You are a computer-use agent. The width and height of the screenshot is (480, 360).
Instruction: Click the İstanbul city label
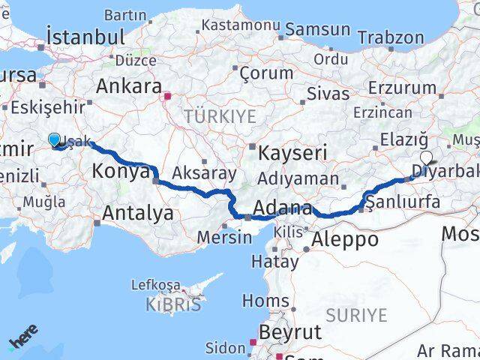point(85,37)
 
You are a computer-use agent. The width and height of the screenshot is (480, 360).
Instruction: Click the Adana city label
point(283,208)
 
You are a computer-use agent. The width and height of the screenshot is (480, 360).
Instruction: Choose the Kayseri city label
point(293,153)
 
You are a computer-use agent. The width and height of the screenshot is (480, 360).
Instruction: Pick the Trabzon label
point(390,37)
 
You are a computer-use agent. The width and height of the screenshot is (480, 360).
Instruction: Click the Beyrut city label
point(289,331)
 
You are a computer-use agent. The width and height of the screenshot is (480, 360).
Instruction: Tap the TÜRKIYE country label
point(220,116)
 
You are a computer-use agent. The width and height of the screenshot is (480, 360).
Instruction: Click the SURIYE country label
point(357,314)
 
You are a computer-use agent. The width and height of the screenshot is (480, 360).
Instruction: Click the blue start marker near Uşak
point(54,139)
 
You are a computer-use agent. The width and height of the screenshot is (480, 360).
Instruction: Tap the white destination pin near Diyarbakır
point(427,158)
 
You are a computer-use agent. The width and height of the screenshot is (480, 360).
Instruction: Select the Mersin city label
point(224,237)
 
